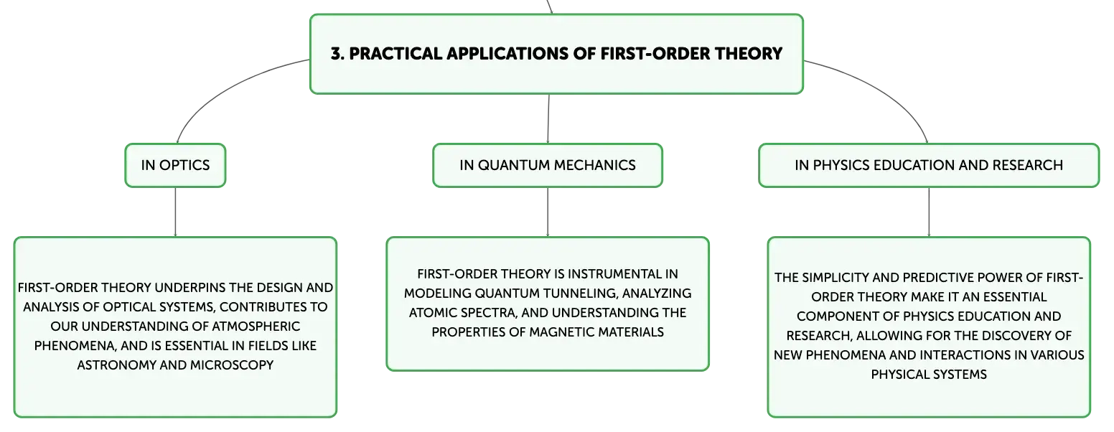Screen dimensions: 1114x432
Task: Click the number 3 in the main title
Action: click(x=337, y=54)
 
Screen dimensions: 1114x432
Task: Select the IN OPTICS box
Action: click(x=176, y=166)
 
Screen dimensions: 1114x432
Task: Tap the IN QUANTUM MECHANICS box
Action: click(x=548, y=166)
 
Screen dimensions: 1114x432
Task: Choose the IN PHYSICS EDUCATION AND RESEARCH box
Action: click(x=929, y=166)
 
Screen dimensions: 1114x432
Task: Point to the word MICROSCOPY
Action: click(x=232, y=365)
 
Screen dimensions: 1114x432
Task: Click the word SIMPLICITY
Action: click(x=834, y=278)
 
